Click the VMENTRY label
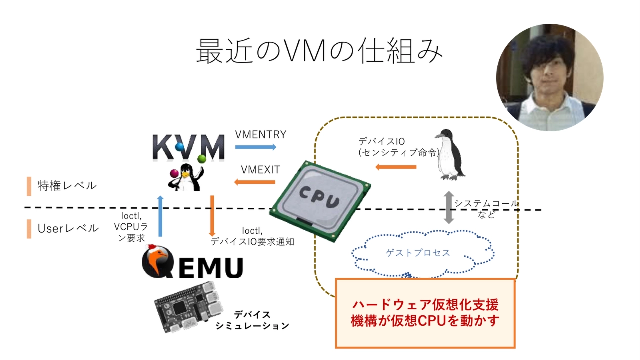coord(260,135)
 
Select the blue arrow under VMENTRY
coord(255,147)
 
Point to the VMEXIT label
coord(260,170)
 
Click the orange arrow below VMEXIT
coord(255,182)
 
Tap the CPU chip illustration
coord(320,200)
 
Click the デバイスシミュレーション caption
coord(252,320)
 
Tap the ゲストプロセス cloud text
coord(418,253)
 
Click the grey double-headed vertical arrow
coord(449,207)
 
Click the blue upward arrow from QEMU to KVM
coord(160,216)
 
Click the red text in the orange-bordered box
coord(425,313)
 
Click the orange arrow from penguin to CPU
coord(396,166)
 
